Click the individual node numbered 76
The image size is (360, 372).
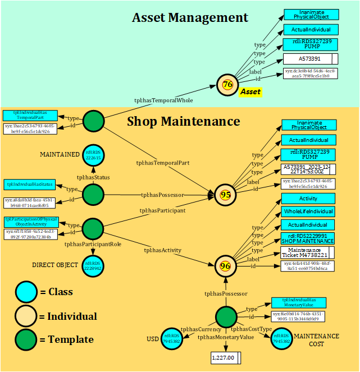coord(227,85)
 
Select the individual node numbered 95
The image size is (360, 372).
coord(225,195)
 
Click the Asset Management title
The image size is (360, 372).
coord(190,17)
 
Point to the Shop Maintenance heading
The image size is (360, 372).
coord(183,121)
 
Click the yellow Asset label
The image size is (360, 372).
coord(250,91)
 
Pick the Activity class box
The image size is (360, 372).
coord(308,199)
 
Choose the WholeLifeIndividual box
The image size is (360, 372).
coord(308,212)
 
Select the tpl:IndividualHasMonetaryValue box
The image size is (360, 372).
coord(298,302)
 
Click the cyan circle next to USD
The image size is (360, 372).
coord(172,338)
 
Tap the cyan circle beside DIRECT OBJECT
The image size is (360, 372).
coord(93,265)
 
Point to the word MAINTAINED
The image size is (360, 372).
coord(59,154)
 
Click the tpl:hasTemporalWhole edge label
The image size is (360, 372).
coord(163,100)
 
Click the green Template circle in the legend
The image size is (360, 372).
coord(25,339)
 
